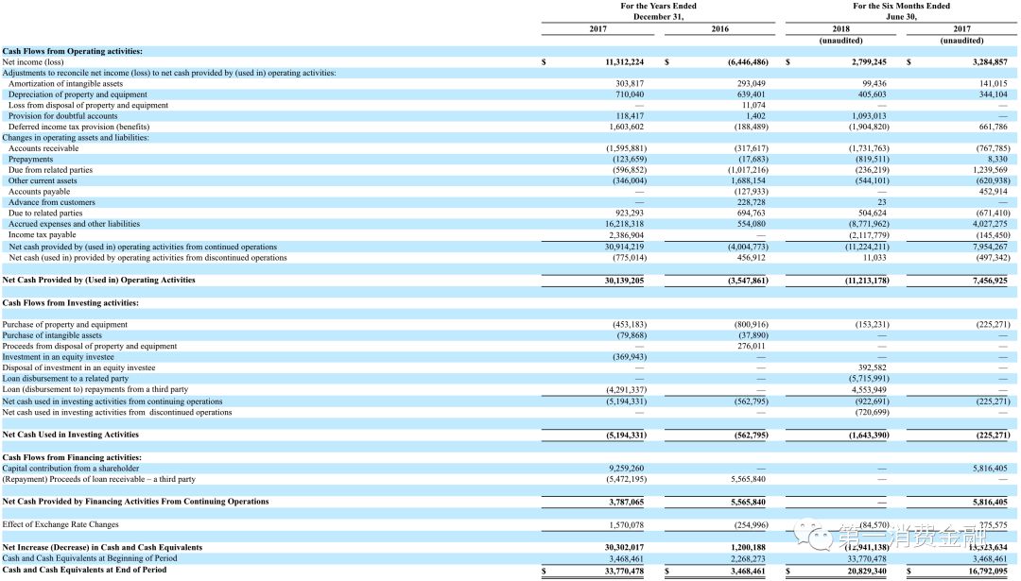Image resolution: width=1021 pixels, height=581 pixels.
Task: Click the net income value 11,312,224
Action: click(x=624, y=61)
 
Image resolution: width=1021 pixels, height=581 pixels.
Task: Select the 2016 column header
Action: click(x=719, y=29)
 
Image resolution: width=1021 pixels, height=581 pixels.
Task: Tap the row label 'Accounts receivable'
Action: click(x=43, y=148)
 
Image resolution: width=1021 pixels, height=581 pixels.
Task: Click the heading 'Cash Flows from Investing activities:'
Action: click(x=71, y=302)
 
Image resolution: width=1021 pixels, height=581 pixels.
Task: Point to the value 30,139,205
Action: click(x=624, y=280)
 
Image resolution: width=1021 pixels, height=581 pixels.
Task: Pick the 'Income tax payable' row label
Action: click(x=43, y=235)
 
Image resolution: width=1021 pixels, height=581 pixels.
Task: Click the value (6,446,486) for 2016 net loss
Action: click(x=748, y=61)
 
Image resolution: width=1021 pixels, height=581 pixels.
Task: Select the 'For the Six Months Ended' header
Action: click(x=901, y=6)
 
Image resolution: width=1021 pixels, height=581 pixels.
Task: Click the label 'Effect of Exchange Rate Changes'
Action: click(x=61, y=524)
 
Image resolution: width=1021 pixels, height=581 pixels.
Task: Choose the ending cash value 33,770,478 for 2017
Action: click(x=624, y=570)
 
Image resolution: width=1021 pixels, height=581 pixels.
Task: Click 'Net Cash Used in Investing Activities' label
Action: click(x=71, y=435)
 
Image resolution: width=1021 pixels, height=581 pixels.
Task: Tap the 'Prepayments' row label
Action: click(x=32, y=160)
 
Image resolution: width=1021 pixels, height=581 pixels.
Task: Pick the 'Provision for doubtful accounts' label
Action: click(x=63, y=116)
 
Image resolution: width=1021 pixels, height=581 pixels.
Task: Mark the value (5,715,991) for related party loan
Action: click(x=867, y=379)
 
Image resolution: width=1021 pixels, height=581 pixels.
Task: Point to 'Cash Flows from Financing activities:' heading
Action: click(x=72, y=457)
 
